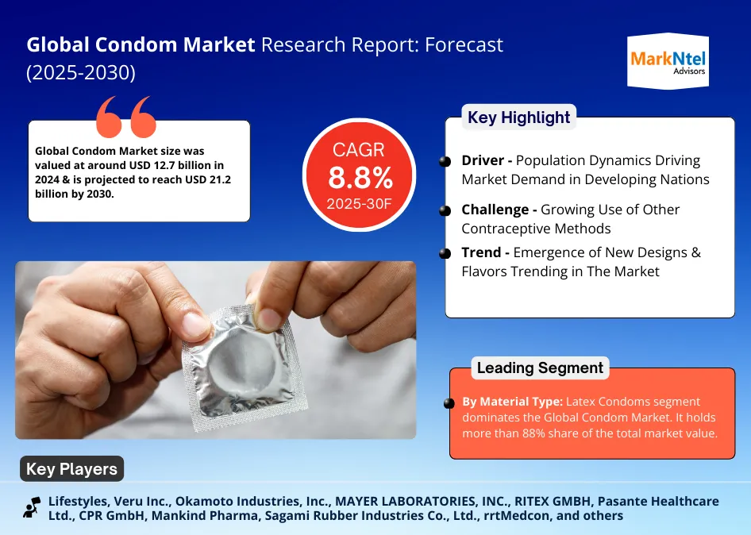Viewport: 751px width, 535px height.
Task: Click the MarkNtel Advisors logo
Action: (668, 61)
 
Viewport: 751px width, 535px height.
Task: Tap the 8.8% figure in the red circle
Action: (360, 178)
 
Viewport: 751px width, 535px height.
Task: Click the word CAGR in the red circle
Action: (359, 150)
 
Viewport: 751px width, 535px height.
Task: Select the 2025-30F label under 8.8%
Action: (359, 204)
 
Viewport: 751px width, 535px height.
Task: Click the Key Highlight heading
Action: (518, 117)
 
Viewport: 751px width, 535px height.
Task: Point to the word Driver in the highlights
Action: (483, 160)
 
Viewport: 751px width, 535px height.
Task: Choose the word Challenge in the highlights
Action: (495, 210)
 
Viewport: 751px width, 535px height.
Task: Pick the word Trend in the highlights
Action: (481, 252)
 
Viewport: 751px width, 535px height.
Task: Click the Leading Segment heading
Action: (540, 368)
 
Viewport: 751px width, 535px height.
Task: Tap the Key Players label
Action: (71, 469)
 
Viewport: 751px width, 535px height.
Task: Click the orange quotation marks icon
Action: (126, 117)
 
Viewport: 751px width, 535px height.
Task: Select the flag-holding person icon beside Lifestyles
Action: (32, 508)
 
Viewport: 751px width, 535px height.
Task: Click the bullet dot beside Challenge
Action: (445, 210)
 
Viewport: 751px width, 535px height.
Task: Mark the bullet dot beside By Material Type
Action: (449, 403)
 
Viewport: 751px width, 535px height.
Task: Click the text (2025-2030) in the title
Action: (81, 73)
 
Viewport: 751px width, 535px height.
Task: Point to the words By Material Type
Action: (513, 402)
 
